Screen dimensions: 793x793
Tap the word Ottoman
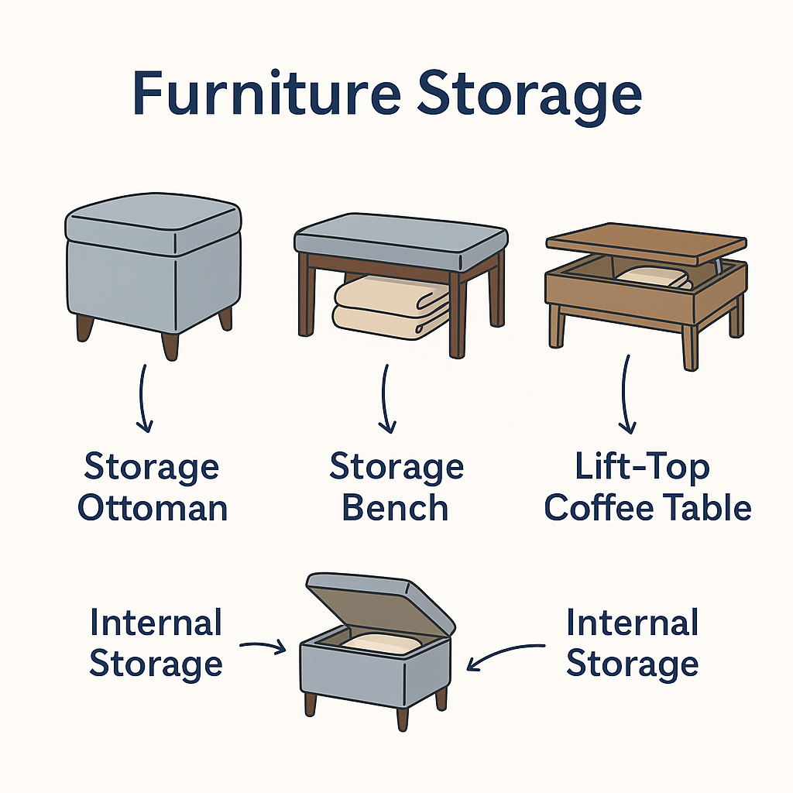click(153, 508)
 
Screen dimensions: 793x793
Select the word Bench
click(396, 508)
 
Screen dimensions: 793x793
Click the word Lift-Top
click(643, 468)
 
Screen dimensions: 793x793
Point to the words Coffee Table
click(647, 508)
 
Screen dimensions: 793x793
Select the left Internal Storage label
click(156, 643)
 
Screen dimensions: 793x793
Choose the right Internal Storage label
click(632, 643)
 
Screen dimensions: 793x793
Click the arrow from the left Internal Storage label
click(263, 645)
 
